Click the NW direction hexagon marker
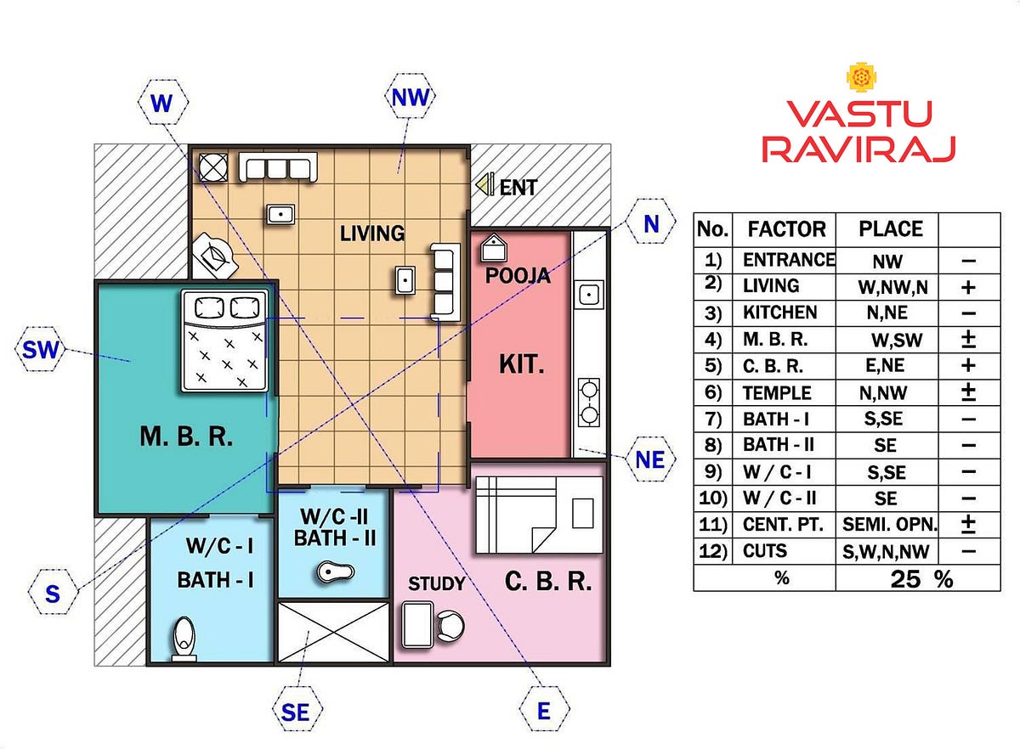coord(410,97)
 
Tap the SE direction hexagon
coord(297,712)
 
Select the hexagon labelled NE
coord(649,459)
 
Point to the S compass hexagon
coord(54,592)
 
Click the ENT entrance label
coord(518,188)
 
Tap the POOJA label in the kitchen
coord(518,276)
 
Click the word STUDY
coord(437,583)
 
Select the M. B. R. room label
coord(186,436)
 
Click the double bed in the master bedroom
coord(224,341)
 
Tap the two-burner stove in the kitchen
coord(589,403)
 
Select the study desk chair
coord(450,626)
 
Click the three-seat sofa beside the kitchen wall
coord(445,282)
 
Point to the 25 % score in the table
coord(921,579)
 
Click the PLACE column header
coord(891,229)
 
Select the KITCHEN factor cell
coord(780,313)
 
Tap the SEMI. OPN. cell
coord(890,525)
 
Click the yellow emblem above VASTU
coord(862,77)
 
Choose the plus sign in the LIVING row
coord(968,287)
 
